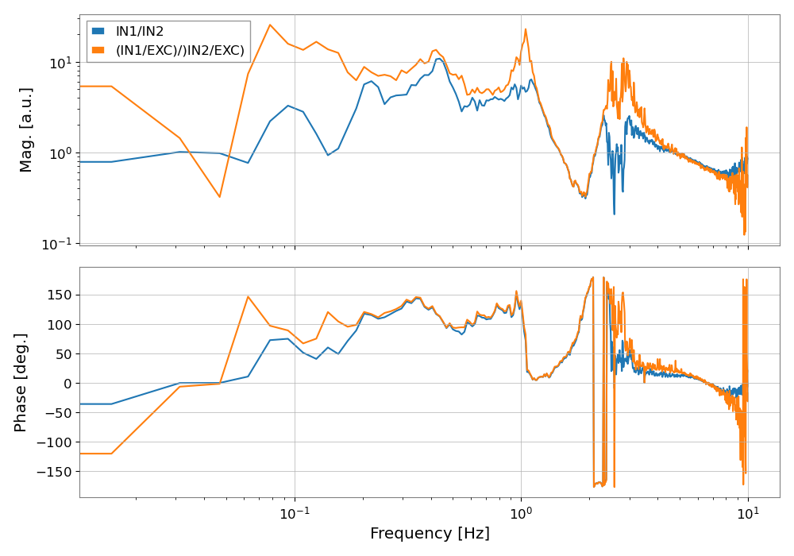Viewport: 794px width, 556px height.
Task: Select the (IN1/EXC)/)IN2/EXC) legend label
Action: tap(180, 51)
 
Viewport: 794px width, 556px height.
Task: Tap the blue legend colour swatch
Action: tap(98, 31)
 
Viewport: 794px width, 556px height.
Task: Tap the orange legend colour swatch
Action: tap(98, 51)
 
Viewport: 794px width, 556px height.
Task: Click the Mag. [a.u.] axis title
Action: tap(26, 129)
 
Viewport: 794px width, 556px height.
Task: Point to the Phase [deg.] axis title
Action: tap(21, 382)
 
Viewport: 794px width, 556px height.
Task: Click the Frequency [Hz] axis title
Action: tap(430, 534)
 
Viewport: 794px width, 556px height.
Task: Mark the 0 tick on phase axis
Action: tap(67, 383)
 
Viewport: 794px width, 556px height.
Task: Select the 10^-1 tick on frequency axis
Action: tap(295, 511)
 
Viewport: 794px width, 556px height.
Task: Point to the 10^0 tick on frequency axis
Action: tap(521, 511)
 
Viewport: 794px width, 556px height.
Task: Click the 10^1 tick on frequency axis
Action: tap(748, 511)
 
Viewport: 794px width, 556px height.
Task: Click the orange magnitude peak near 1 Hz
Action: tap(525, 29)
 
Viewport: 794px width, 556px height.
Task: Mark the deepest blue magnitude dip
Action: tap(614, 214)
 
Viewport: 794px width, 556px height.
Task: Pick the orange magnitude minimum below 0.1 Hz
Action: tap(220, 197)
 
